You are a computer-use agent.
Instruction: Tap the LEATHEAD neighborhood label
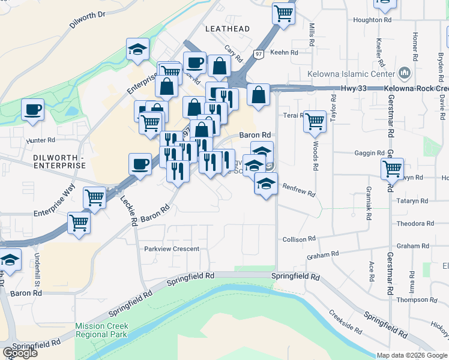227,29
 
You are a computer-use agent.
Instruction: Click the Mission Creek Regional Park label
101,331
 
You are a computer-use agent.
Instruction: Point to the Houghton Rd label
372,20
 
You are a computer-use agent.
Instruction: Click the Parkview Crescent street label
171,249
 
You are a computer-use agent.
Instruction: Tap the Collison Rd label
299,239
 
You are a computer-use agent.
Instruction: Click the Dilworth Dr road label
87,21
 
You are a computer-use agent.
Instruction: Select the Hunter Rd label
40,141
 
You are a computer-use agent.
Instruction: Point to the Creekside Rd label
345,323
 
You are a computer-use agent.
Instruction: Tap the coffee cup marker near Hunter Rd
32,110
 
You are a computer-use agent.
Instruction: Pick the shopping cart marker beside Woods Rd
315,121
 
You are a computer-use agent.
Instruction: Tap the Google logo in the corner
20,353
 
